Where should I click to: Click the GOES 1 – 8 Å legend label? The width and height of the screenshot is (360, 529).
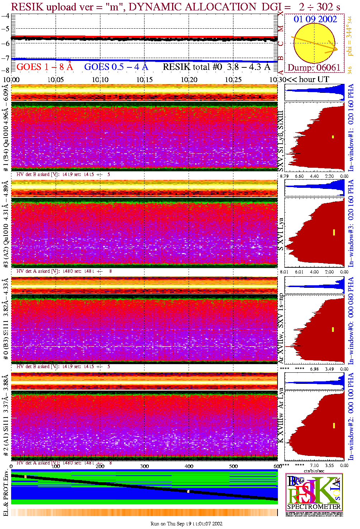(x=44, y=67)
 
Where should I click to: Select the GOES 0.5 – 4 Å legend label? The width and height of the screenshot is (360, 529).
(x=116, y=67)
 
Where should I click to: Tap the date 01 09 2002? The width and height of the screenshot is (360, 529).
(x=315, y=19)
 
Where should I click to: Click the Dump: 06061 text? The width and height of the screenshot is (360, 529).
(x=314, y=68)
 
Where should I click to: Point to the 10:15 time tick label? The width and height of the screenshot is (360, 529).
(x=144, y=80)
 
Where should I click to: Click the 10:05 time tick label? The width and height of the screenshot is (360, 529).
(x=56, y=80)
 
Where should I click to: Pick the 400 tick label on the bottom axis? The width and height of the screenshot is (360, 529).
(x=189, y=466)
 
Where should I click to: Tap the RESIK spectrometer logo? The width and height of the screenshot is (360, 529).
(x=314, y=492)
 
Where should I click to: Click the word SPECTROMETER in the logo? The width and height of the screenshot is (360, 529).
(x=314, y=507)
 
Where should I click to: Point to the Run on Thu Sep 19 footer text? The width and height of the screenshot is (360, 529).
(x=186, y=524)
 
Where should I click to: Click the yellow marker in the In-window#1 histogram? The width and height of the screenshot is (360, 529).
(x=333, y=137)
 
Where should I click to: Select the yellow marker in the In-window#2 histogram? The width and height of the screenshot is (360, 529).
(x=334, y=425)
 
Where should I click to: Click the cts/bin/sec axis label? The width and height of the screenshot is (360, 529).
(x=314, y=471)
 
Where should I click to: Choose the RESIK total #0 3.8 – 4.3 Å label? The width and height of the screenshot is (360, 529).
(x=217, y=67)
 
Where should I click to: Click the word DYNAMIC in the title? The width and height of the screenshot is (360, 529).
(x=155, y=7)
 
